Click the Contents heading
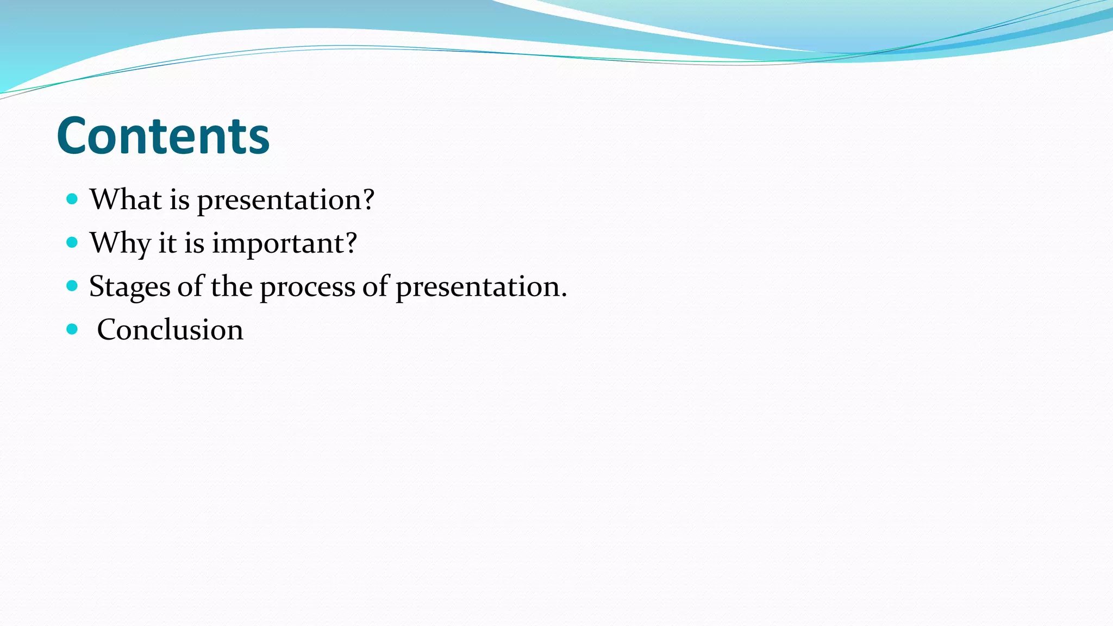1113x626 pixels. click(163, 136)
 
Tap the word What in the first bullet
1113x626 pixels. click(126, 199)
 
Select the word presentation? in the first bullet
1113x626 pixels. click(285, 201)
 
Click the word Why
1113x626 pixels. click(120, 243)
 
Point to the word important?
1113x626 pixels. click(284, 244)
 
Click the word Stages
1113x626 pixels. click(129, 287)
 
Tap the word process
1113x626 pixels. click(307, 287)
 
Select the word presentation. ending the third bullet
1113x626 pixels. click(481, 287)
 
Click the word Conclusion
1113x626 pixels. click(170, 330)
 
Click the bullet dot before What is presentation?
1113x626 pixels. click(72, 199)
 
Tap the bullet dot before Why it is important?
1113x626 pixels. click(72, 242)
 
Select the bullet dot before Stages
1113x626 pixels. click(72, 286)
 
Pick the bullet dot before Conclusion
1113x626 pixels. click(72, 329)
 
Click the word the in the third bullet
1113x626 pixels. click(232, 286)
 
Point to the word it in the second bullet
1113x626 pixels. click(167, 243)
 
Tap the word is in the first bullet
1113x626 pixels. click(179, 199)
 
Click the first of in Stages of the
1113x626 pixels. click(190, 286)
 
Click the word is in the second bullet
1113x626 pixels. click(194, 243)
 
